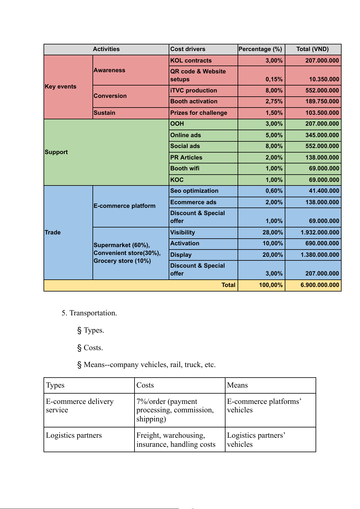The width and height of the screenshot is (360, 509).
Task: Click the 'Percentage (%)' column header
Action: pos(260,49)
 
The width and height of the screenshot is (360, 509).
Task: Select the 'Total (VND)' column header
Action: pos(313,49)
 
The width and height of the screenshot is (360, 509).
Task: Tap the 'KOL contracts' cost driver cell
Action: pos(191,60)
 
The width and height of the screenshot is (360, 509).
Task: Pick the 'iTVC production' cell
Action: pos(193,91)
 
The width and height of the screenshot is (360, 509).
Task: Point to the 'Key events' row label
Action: pos(60,87)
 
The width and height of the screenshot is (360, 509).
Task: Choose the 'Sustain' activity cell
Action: pos(104,113)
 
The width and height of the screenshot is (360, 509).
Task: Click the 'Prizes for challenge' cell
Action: pos(199,113)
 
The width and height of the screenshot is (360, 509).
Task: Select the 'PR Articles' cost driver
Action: pos(186,157)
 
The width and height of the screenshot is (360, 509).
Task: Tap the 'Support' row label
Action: pos(56,152)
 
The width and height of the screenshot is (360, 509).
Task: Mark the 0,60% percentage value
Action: pos(274,191)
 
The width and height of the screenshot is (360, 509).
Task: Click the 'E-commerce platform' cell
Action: pos(125,206)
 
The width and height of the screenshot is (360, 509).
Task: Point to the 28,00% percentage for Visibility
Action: pos(273,233)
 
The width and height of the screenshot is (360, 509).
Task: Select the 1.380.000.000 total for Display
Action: pos(320,255)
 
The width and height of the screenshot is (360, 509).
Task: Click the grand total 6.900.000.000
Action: pos(320,285)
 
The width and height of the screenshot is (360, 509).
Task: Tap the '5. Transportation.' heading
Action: pos(89,313)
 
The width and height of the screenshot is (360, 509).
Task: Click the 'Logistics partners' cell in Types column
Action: pos(74,435)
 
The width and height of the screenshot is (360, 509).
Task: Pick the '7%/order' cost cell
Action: pos(175,410)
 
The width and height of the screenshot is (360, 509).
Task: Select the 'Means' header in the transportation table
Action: pos(237,385)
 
